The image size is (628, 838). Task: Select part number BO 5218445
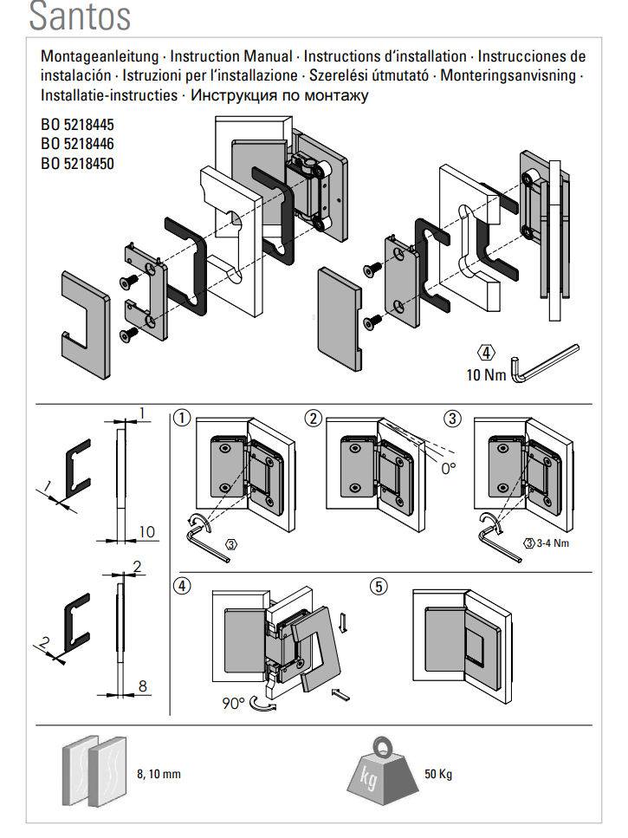[x=77, y=126]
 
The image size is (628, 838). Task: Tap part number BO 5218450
[x=77, y=163]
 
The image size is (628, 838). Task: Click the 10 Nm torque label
[x=484, y=375]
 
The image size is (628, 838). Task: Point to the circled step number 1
[x=181, y=419]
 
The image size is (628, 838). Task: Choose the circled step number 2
[x=314, y=419]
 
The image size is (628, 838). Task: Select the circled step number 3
[x=452, y=419]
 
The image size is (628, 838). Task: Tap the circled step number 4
[x=181, y=586]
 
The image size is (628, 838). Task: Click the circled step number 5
[x=379, y=586]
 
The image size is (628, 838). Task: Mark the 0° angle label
[x=448, y=469]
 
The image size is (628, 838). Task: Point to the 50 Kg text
[x=437, y=774]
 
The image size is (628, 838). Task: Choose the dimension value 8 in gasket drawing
[x=143, y=685]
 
